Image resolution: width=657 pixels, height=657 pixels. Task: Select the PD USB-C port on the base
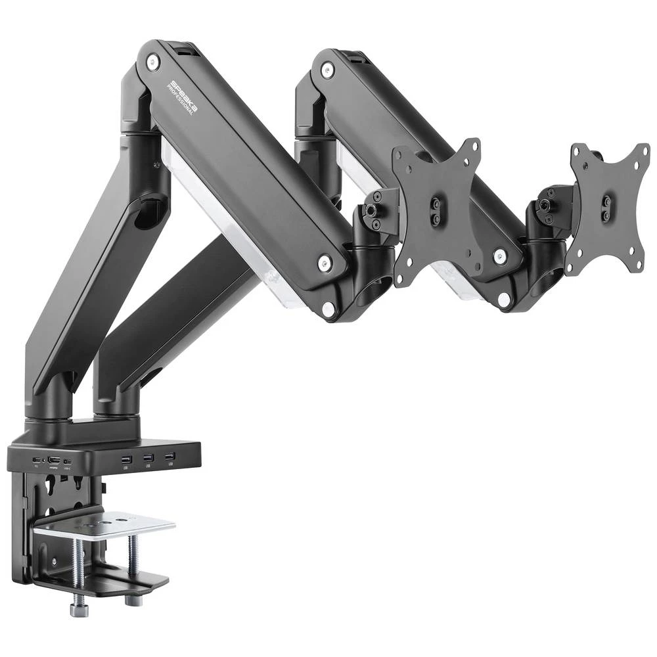[36, 460]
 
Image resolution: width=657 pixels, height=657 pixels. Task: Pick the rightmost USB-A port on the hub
[170, 456]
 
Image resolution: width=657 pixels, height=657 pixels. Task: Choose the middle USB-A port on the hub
[148, 457]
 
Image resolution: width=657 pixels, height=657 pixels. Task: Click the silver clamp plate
[105, 524]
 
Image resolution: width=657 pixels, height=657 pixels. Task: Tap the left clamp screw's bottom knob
[78, 610]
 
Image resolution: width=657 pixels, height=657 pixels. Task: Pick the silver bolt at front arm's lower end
[323, 264]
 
